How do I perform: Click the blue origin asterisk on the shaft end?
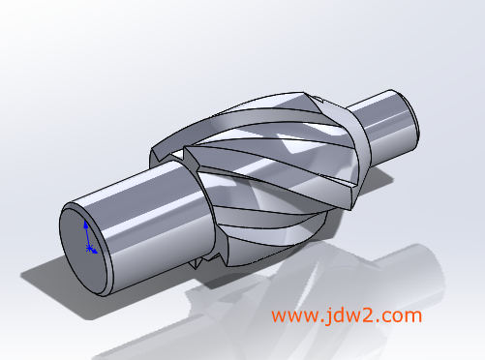pos(89,248)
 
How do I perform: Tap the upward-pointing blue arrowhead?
pos(86,225)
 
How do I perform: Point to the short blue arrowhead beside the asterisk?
pos(94,251)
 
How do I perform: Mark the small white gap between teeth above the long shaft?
pos(176,155)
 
